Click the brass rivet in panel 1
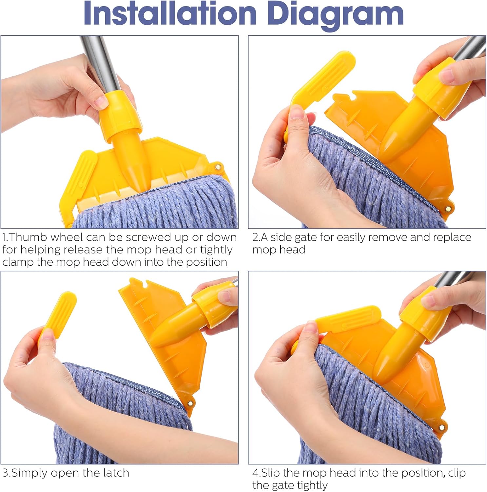(x=218, y=168)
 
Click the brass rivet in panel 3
(x=189, y=403)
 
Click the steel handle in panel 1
(x=100, y=62)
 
